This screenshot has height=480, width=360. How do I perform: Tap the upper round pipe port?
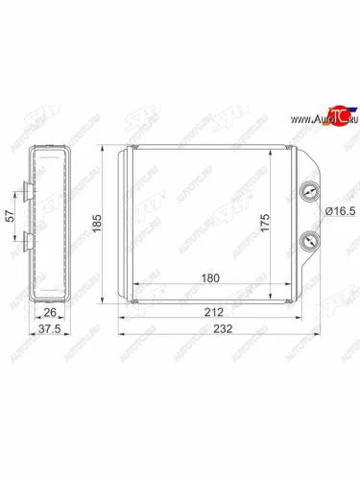click(x=308, y=191)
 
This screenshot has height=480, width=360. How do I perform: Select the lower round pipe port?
click(x=308, y=241)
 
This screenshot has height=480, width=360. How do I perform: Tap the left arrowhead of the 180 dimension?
click(x=132, y=285)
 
